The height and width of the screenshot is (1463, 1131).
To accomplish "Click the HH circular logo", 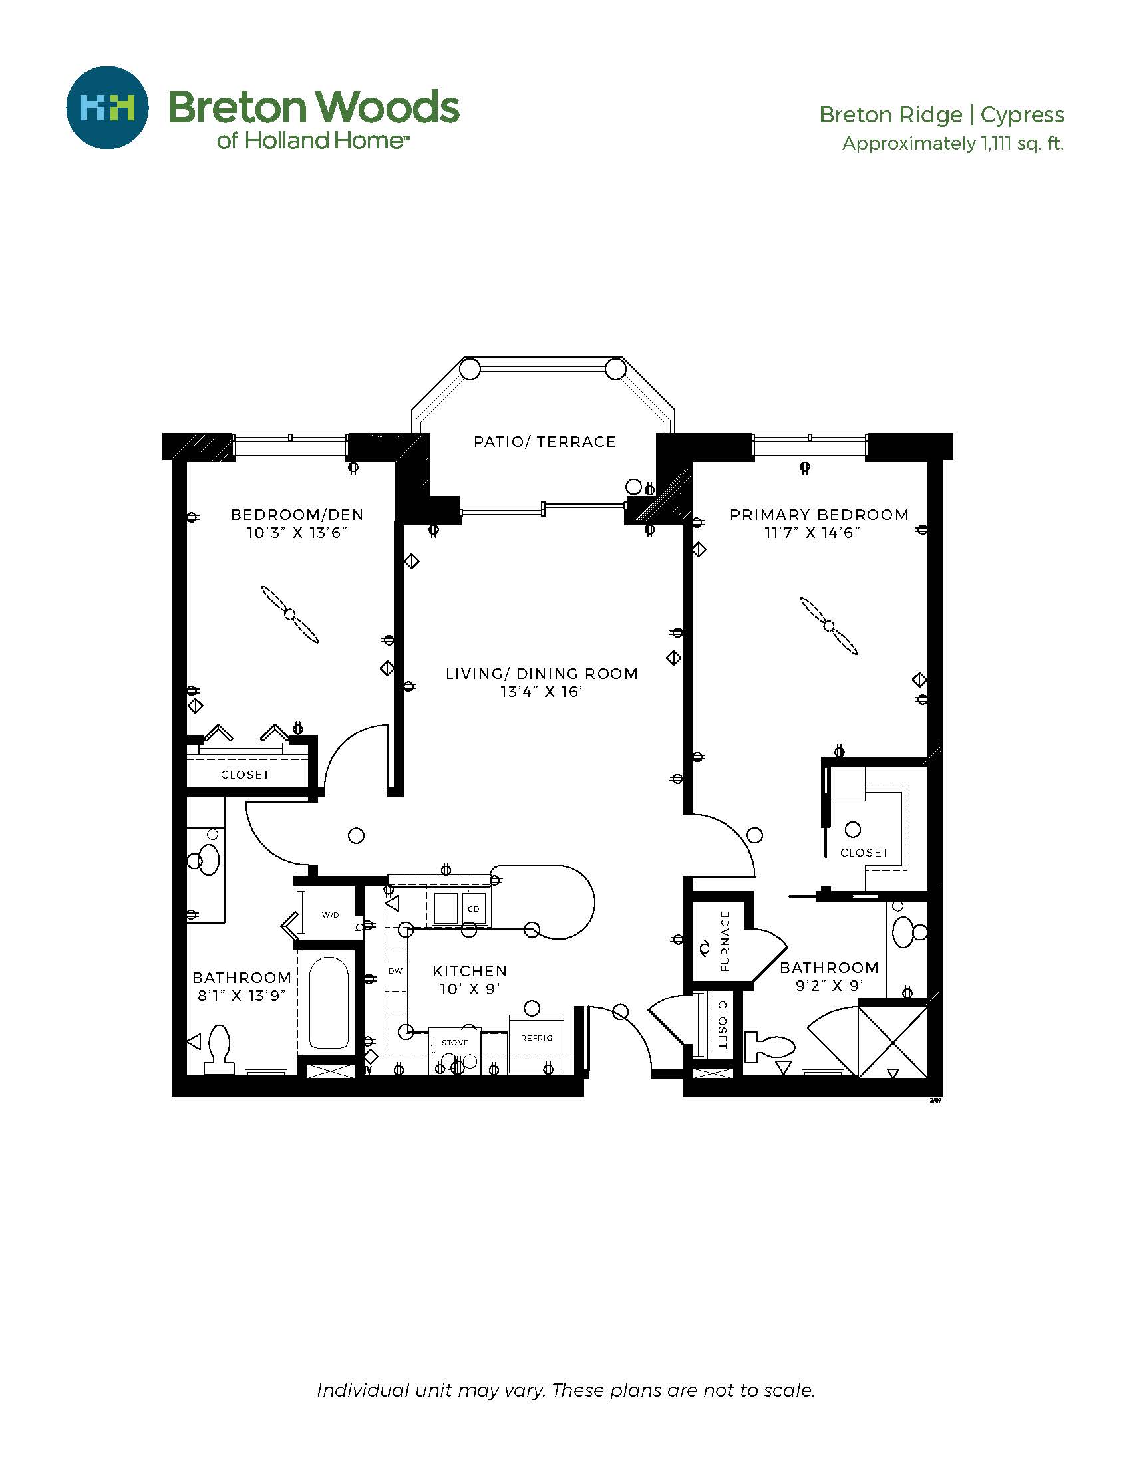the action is coord(107,107).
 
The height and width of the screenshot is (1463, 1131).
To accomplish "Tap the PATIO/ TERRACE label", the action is coord(544,442).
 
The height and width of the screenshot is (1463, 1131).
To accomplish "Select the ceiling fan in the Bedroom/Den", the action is coord(289,614).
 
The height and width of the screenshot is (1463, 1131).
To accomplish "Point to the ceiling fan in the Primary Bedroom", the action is coord(829,626).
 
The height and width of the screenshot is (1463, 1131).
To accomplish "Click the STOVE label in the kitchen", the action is coord(455,1042).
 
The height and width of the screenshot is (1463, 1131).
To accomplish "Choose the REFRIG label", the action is coord(536,1037).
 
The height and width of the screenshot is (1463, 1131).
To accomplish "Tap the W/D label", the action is coord(331,914).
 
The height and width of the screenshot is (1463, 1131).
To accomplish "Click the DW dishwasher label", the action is coord(395,970).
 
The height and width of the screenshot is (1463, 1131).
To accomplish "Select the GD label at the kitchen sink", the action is coord(474,909).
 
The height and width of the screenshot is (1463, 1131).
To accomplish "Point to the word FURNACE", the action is coord(725,941).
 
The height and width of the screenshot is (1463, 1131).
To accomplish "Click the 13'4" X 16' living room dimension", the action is coord(542,692).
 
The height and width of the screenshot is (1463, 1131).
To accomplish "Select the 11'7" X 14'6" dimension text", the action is coord(812,533).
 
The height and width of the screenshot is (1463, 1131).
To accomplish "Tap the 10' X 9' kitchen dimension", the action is coord(470,989).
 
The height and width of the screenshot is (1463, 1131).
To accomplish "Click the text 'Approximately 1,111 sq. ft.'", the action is coord(953,144).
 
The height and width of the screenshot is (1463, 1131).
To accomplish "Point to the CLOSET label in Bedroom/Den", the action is coord(245,774).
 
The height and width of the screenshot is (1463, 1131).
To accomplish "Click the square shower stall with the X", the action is coord(892,1041).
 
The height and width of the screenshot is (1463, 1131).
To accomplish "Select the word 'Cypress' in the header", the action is coord(1023,115).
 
